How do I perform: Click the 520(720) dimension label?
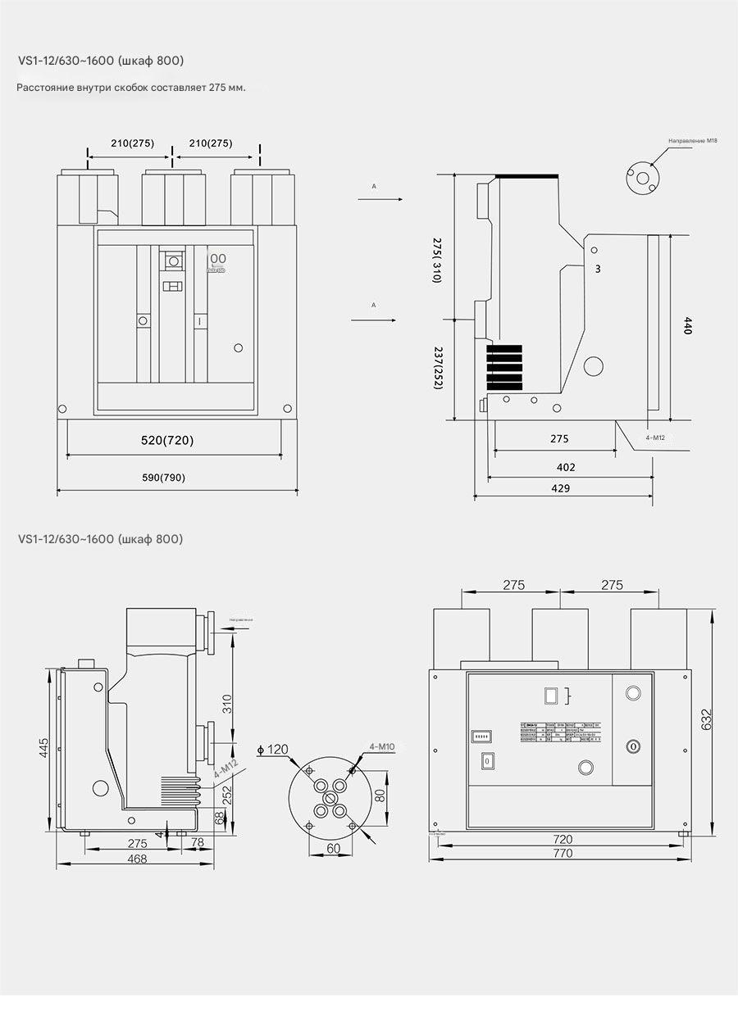[167, 441]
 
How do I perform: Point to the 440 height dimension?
[688, 327]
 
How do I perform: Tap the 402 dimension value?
[566, 467]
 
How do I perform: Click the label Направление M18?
[692, 142]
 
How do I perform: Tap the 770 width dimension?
[563, 852]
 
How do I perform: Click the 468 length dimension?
[137, 859]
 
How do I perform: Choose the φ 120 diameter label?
[273, 749]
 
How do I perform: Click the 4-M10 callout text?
[382, 746]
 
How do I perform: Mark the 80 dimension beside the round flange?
[380, 794]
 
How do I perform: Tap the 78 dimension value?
[197, 843]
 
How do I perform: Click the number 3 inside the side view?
[598, 268]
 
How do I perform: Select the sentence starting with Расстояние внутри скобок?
[131, 87]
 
